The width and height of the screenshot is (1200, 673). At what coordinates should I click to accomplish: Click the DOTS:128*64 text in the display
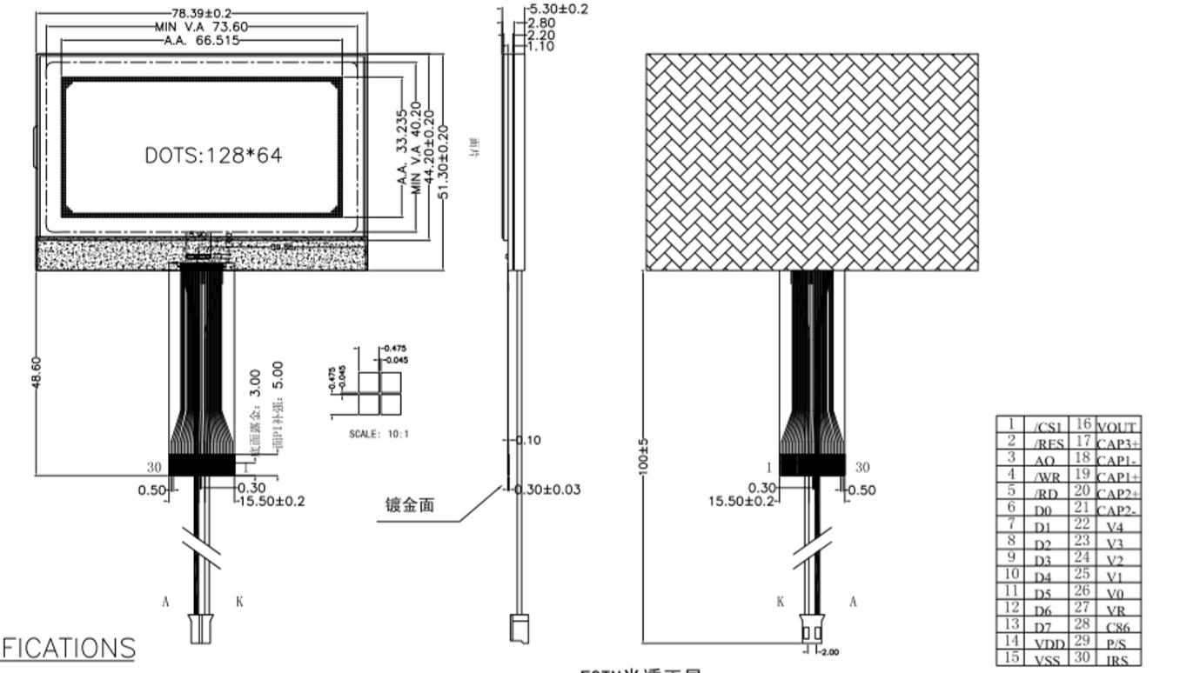pyautogui.click(x=213, y=156)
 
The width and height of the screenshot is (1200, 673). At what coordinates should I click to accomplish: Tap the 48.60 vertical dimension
pyautogui.click(x=37, y=372)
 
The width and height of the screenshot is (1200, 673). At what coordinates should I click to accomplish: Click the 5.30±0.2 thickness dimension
pyautogui.click(x=559, y=9)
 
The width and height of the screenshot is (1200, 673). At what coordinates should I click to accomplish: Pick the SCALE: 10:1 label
pyautogui.click(x=379, y=433)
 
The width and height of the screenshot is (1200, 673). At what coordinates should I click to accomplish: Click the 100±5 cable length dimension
pyautogui.click(x=644, y=456)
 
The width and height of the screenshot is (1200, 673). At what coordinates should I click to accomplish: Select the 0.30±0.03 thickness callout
pyautogui.click(x=547, y=490)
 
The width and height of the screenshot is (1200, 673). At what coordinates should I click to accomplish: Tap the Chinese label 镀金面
pyautogui.click(x=409, y=505)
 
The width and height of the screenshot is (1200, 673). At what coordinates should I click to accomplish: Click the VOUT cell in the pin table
pyautogui.click(x=1117, y=427)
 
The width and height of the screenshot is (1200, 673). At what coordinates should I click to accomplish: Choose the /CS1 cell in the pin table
pyautogui.click(x=1048, y=427)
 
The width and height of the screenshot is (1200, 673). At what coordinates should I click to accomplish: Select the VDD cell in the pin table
pyautogui.click(x=1049, y=643)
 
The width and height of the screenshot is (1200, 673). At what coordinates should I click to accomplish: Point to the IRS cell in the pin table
pyautogui.click(x=1117, y=660)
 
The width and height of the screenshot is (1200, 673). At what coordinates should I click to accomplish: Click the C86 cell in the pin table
pyautogui.click(x=1117, y=627)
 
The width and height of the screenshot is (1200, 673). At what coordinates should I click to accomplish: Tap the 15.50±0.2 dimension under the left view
pyautogui.click(x=272, y=502)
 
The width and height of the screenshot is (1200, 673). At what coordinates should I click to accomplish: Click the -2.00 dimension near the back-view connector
pyautogui.click(x=828, y=652)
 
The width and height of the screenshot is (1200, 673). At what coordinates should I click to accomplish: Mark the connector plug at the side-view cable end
pyautogui.click(x=520, y=629)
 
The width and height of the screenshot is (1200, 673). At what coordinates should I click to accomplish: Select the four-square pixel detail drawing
pyautogui.click(x=380, y=393)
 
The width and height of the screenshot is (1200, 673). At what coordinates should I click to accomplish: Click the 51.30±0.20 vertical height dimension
pyautogui.click(x=444, y=162)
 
